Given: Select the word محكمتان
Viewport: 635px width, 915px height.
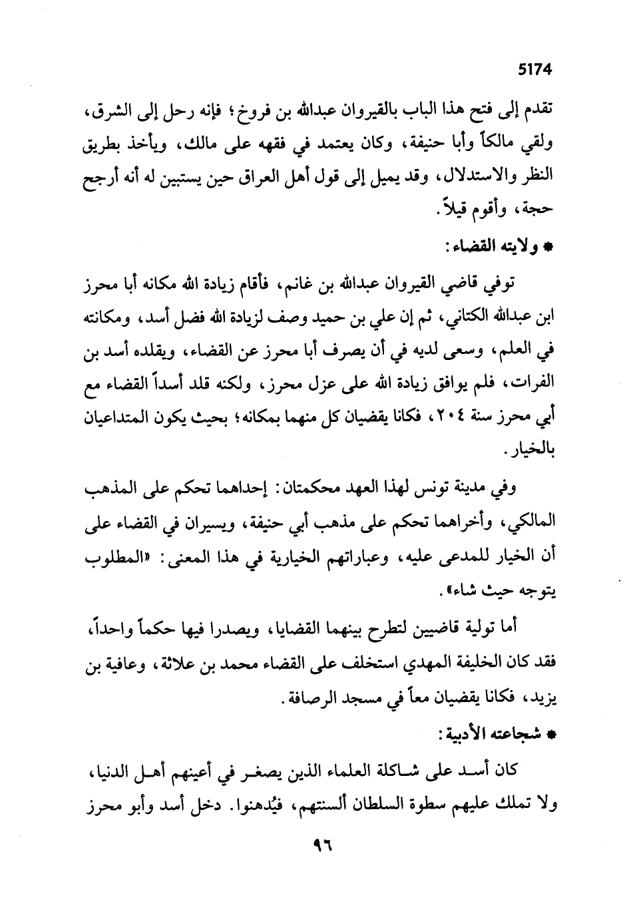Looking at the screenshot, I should pyautogui.click(x=303, y=490).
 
